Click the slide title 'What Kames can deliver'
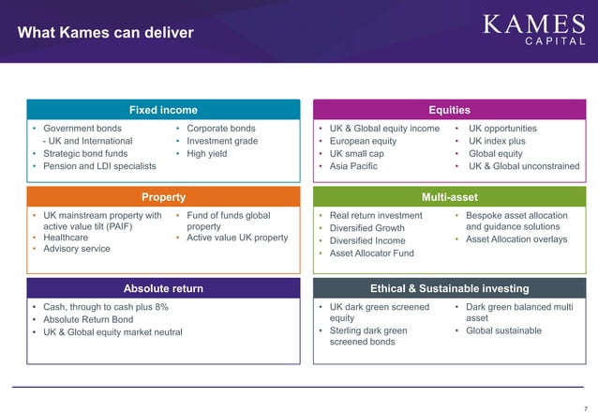click(x=106, y=34)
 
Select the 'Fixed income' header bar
click(x=163, y=110)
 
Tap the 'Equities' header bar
click(x=449, y=110)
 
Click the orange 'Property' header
click(x=163, y=197)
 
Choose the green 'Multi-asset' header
click(x=449, y=197)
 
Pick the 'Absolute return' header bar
click(x=163, y=288)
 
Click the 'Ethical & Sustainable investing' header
click(x=449, y=288)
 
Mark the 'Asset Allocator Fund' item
click(x=371, y=254)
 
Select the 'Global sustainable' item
click(x=503, y=330)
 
